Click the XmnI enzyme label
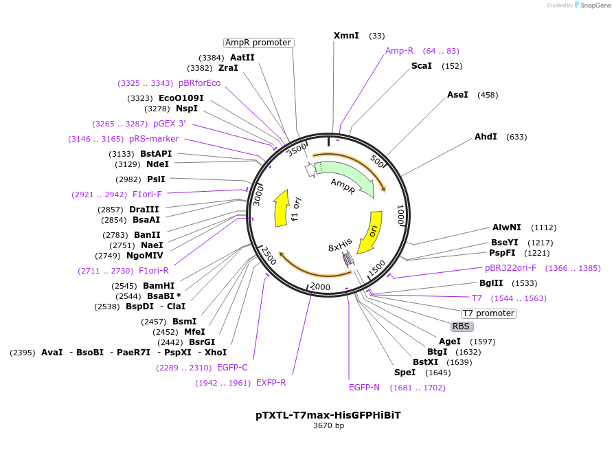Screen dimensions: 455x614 tap(346, 35)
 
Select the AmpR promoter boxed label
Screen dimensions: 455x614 tap(258, 43)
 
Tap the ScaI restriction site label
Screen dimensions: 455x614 tap(422, 66)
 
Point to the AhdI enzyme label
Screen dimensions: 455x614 tap(486, 137)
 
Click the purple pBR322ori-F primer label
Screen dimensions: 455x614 tap(511, 268)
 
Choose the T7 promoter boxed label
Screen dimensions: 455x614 tap(488, 313)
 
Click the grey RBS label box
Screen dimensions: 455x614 tap(462, 326)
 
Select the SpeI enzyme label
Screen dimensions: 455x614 tap(405, 373)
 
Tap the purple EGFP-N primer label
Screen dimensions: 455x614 tap(364, 388)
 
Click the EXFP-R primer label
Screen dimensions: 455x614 tap(271, 383)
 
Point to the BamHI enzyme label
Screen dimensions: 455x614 tap(159, 286)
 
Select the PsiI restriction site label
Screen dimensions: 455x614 tap(156, 179)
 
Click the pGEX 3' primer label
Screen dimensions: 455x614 tap(169, 124)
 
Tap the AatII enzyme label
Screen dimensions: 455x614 tap(242, 58)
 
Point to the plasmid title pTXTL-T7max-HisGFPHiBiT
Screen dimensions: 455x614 tap(328, 415)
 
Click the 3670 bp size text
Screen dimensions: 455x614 tap(328, 426)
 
